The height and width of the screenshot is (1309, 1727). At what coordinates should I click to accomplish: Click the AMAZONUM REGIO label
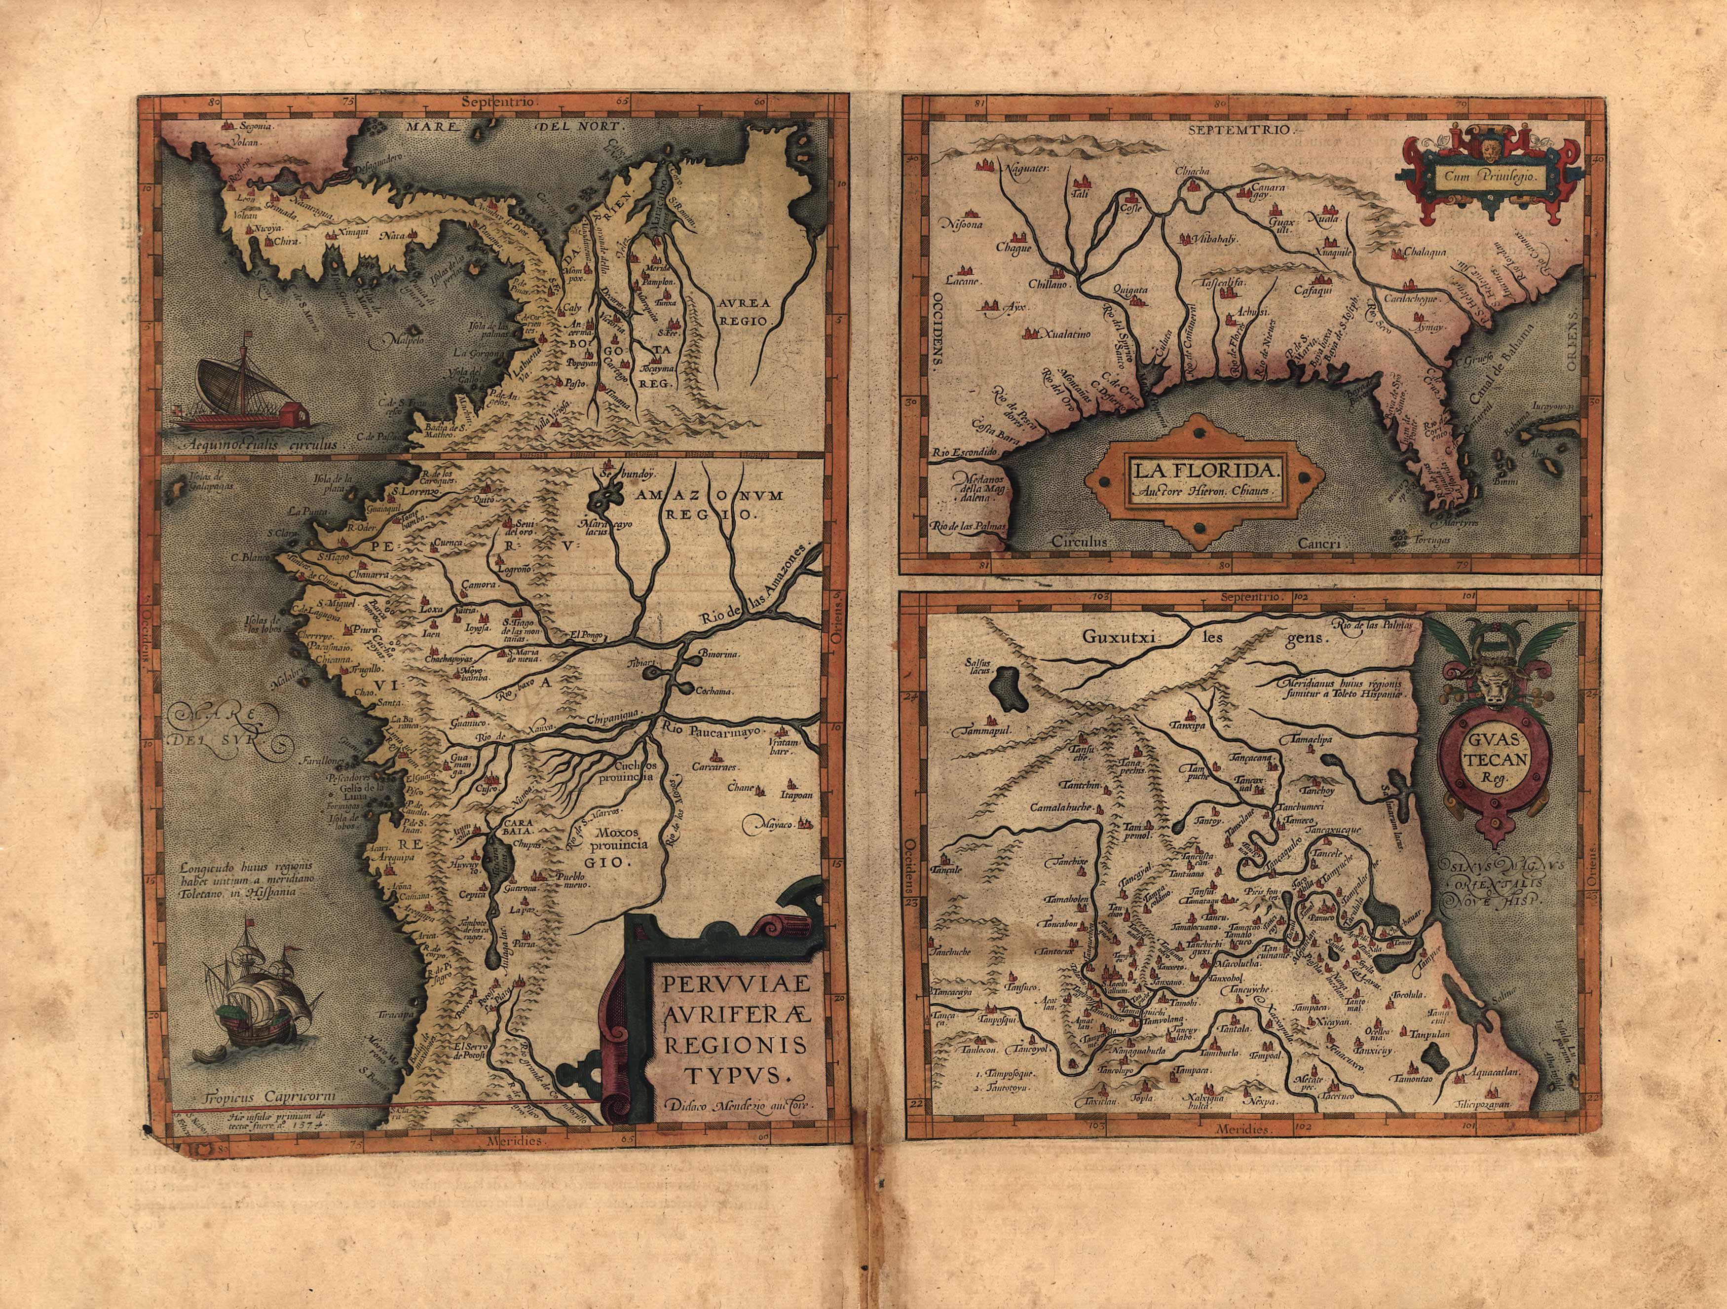click(x=697, y=504)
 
